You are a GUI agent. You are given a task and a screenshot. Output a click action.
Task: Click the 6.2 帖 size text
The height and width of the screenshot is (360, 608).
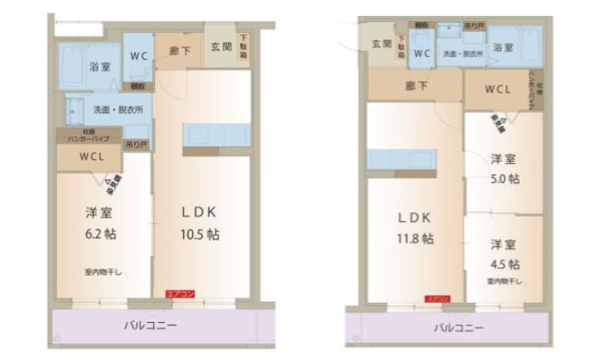point(99,235)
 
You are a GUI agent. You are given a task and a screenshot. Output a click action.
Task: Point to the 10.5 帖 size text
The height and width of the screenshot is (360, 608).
point(201,235)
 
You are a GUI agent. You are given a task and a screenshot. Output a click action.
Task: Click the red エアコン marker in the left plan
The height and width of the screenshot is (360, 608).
point(179,294)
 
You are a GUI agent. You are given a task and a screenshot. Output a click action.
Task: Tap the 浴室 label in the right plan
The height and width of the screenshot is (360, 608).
point(502,47)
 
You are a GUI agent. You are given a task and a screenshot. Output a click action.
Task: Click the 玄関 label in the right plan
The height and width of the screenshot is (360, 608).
point(381,42)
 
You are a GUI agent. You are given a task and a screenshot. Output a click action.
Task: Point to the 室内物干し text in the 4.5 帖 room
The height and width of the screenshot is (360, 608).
point(505,283)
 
